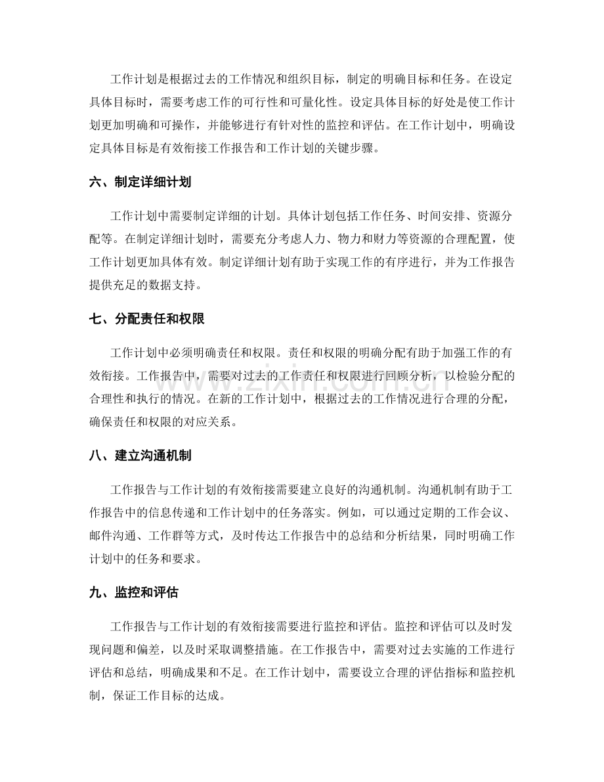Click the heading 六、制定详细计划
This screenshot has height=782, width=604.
140,183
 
